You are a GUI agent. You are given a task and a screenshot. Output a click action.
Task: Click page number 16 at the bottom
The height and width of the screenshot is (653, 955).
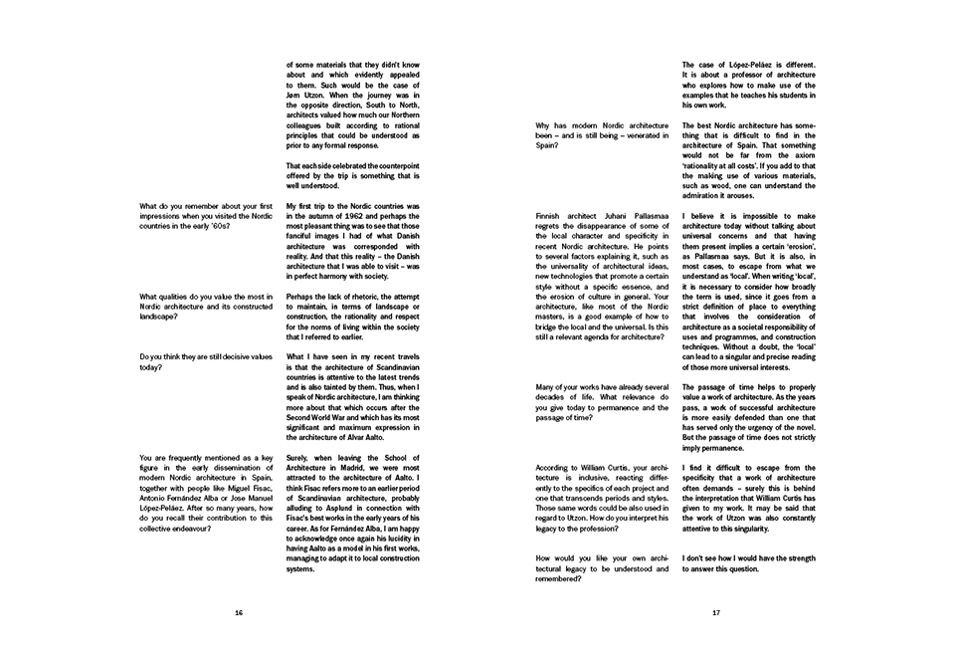pyautogui.click(x=239, y=613)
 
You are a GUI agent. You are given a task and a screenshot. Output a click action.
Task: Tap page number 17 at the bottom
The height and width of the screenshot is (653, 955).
pyautogui.click(x=715, y=613)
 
